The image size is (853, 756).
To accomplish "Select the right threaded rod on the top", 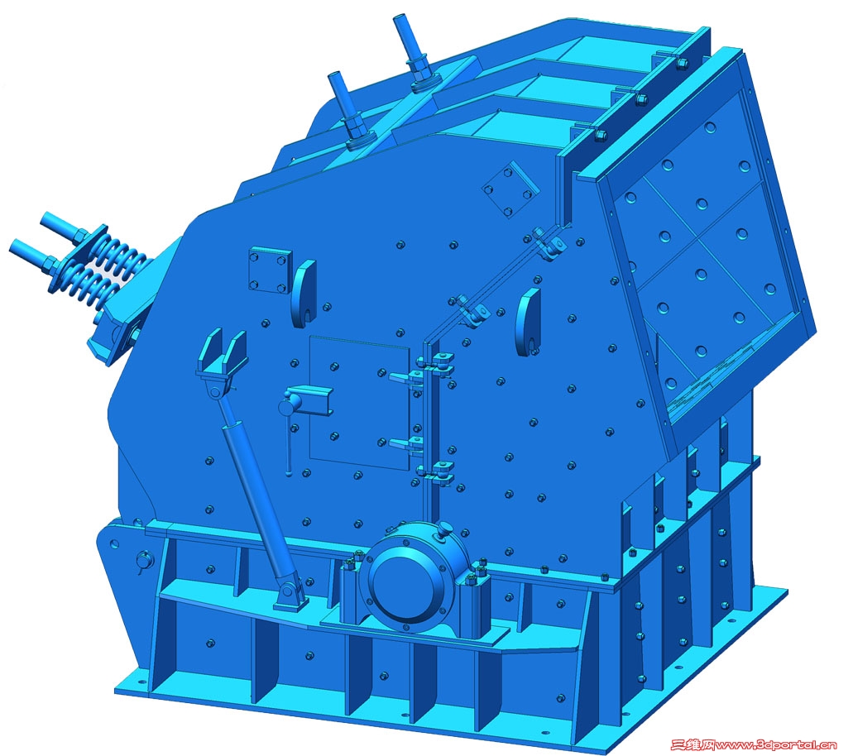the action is [x=415, y=52].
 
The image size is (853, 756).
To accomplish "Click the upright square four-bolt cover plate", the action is [x=270, y=270].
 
